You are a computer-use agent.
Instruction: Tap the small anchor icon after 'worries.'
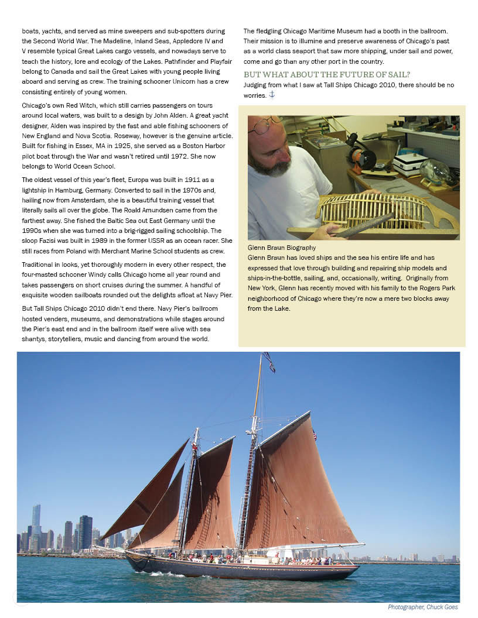tap(272, 95)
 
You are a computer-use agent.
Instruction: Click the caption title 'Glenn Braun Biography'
tap(282, 248)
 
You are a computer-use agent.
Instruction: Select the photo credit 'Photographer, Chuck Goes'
tap(422, 607)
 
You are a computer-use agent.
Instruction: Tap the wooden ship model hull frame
tap(374, 211)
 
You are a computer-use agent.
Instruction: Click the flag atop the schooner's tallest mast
tap(269, 362)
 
